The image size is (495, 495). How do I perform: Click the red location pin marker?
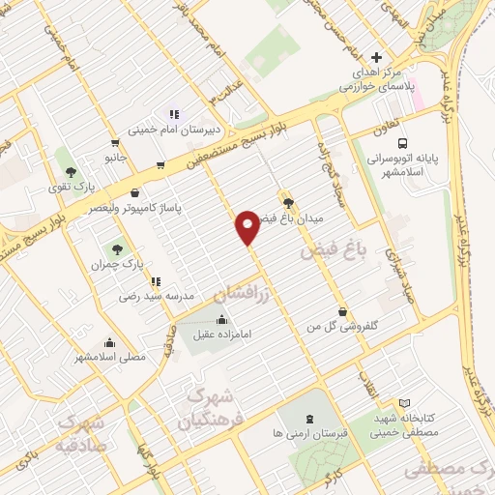point(248,227)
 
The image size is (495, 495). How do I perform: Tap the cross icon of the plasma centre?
point(377,57)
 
